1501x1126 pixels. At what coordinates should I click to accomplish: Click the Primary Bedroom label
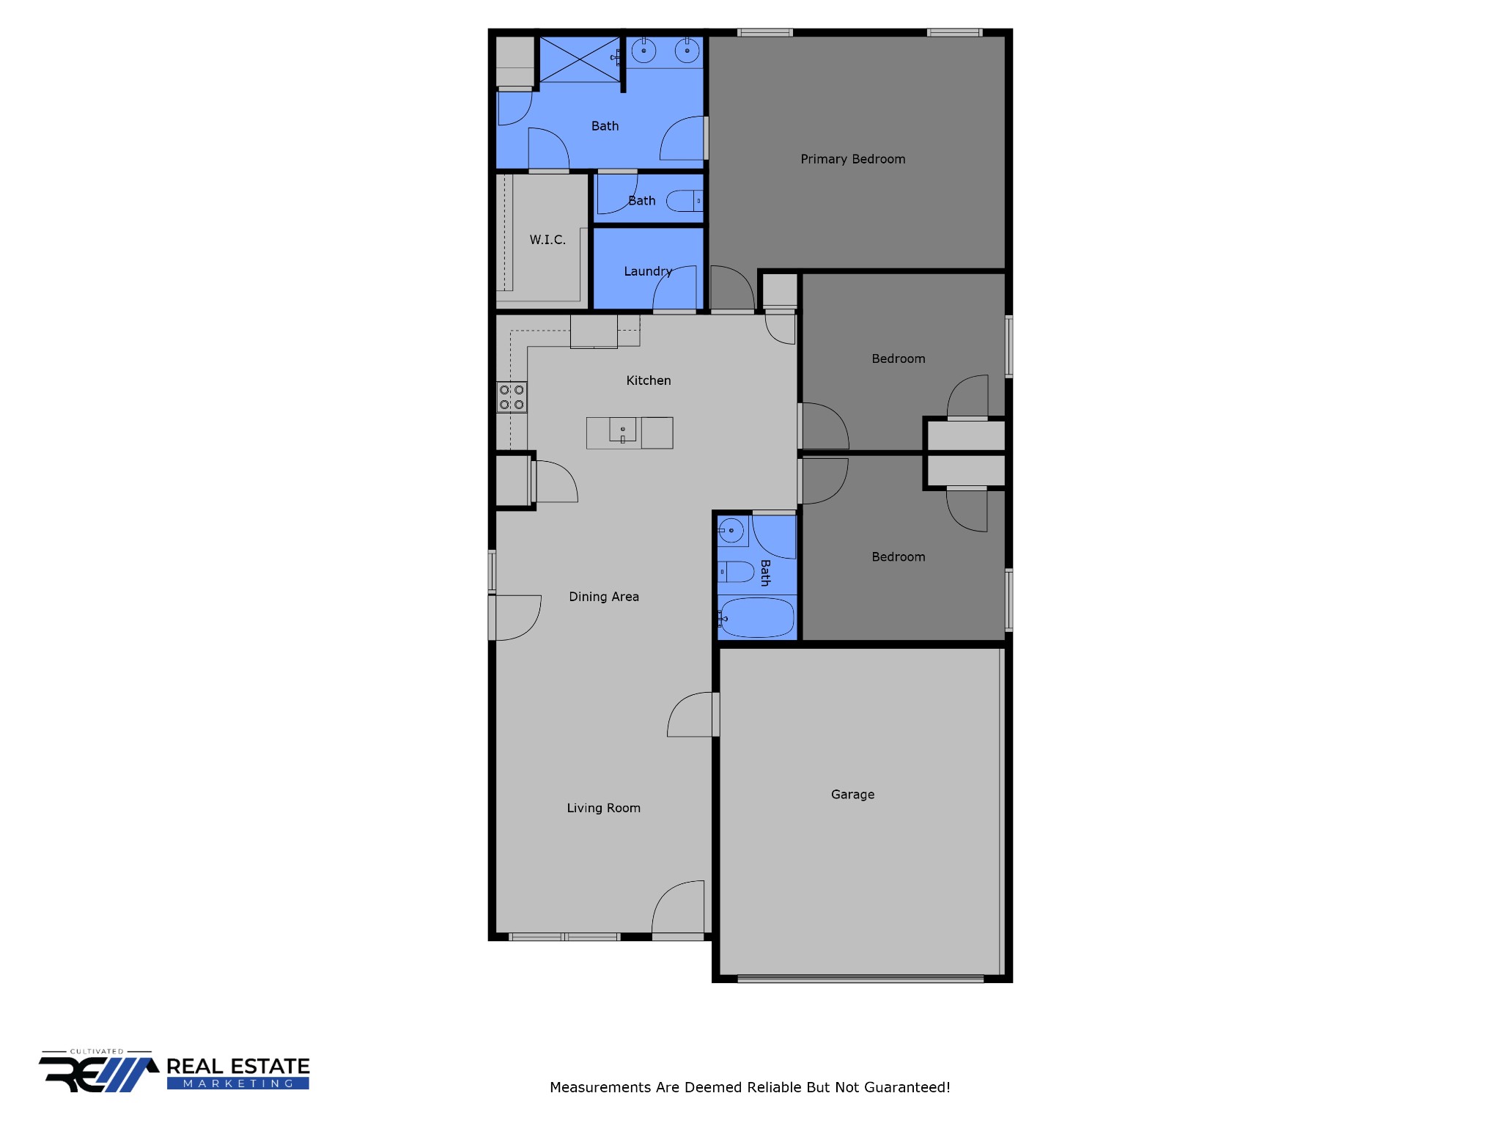click(x=852, y=159)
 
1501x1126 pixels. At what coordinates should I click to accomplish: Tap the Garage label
click(x=852, y=795)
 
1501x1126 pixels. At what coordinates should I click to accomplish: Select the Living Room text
click(x=603, y=808)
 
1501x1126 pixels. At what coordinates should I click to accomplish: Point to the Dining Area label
click(x=604, y=597)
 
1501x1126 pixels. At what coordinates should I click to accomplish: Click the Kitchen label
click(x=649, y=380)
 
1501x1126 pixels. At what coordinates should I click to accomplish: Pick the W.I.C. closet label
click(x=547, y=240)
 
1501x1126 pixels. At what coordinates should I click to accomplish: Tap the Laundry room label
click(x=648, y=271)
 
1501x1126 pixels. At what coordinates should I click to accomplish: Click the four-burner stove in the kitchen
click(x=512, y=397)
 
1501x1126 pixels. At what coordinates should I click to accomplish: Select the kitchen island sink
click(x=623, y=430)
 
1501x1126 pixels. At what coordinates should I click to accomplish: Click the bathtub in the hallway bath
click(x=756, y=617)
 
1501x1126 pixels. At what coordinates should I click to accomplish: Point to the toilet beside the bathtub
click(x=736, y=572)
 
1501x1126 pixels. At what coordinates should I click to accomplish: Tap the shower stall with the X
click(x=580, y=59)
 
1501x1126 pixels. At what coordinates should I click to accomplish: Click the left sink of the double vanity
click(x=643, y=51)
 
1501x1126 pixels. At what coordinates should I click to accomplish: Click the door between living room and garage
click(x=693, y=715)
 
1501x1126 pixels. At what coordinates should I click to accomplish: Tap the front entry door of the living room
click(x=678, y=909)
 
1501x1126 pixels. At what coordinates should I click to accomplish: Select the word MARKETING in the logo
click(x=238, y=1083)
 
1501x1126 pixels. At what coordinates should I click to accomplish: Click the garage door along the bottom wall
click(x=860, y=979)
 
